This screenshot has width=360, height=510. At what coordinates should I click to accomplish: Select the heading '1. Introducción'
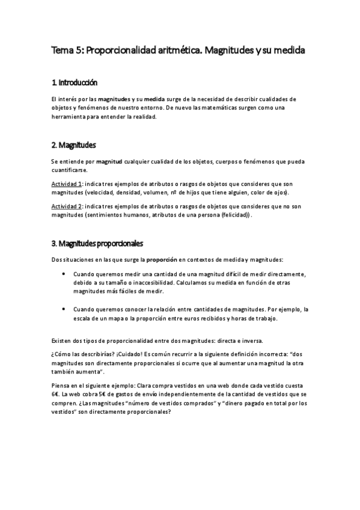(x=75, y=82)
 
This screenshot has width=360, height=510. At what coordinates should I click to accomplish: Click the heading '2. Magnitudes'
(x=73, y=145)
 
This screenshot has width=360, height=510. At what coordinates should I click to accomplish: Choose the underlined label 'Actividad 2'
(x=67, y=205)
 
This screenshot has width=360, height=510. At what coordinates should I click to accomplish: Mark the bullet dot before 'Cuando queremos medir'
(x=65, y=274)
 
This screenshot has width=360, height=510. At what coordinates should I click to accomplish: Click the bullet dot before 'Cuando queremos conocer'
(x=65, y=308)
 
